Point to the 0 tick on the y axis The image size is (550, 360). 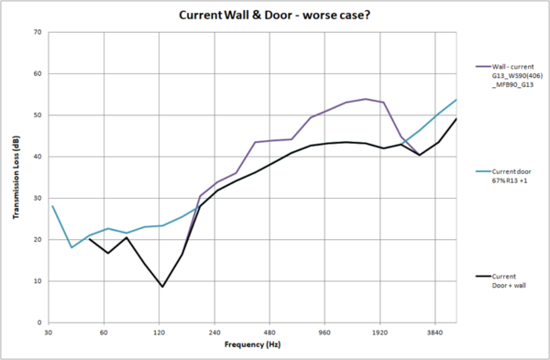pos(39,322)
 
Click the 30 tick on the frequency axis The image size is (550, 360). pos(49,333)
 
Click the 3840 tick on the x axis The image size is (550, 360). pos(436,333)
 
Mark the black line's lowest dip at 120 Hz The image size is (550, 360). pos(162,287)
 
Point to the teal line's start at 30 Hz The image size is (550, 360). pos(52,206)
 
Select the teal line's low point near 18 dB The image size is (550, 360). pos(71,247)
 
